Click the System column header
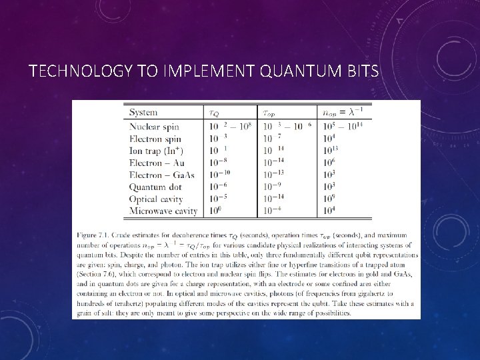click(143, 112)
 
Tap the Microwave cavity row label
click(163, 211)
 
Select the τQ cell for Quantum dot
click(217, 187)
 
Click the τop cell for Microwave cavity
click(274, 211)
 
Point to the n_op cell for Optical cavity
click(329, 199)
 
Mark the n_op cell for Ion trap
click(330, 150)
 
